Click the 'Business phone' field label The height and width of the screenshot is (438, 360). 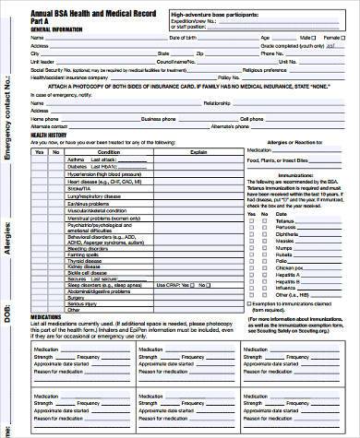click(x=158, y=119)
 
